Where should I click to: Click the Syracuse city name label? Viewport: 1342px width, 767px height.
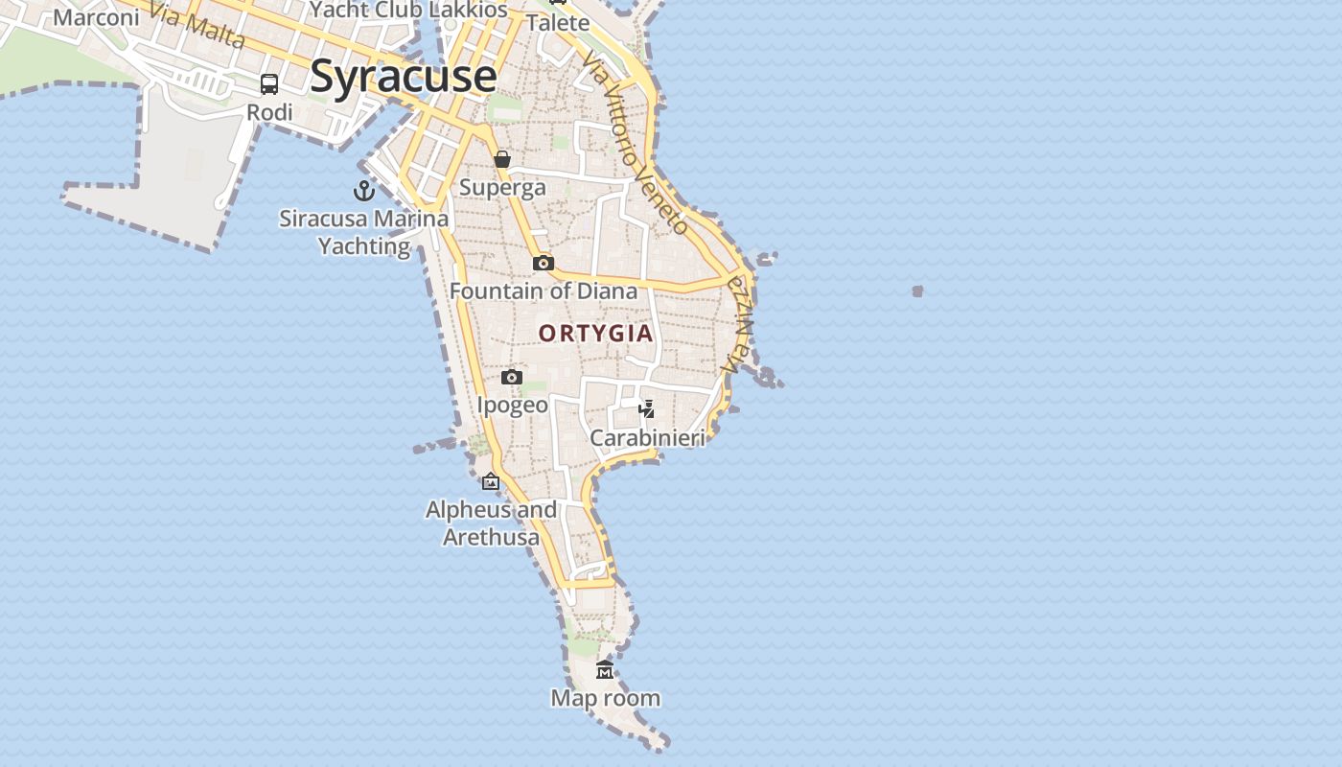pos(403,76)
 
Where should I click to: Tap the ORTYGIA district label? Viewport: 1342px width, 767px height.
pos(595,334)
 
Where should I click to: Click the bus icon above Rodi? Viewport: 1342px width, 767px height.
pos(269,84)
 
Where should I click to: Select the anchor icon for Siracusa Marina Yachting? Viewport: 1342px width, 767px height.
pos(364,190)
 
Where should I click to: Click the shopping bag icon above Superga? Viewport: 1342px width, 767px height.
pos(502,159)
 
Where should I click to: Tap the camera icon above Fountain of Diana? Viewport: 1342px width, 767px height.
pos(544,263)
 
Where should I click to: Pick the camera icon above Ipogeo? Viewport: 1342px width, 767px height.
pos(512,377)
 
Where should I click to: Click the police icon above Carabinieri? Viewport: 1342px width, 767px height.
pos(647,409)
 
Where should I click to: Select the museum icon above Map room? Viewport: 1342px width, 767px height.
pos(605,669)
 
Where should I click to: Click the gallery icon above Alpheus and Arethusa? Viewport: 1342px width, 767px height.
pos(491,481)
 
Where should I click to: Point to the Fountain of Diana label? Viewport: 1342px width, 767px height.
pos(544,291)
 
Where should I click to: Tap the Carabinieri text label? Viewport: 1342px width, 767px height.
pos(647,438)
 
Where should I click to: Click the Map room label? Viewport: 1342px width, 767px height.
pos(605,698)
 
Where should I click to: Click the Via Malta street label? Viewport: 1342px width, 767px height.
pos(197,26)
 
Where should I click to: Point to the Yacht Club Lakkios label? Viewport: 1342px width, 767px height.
pos(408,10)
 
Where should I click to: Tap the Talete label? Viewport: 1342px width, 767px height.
pos(558,22)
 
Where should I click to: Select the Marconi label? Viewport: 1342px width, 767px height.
pos(96,17)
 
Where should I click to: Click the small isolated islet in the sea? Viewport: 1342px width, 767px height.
pos(917,291)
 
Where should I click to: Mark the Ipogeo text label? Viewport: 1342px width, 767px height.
pos(513,405)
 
